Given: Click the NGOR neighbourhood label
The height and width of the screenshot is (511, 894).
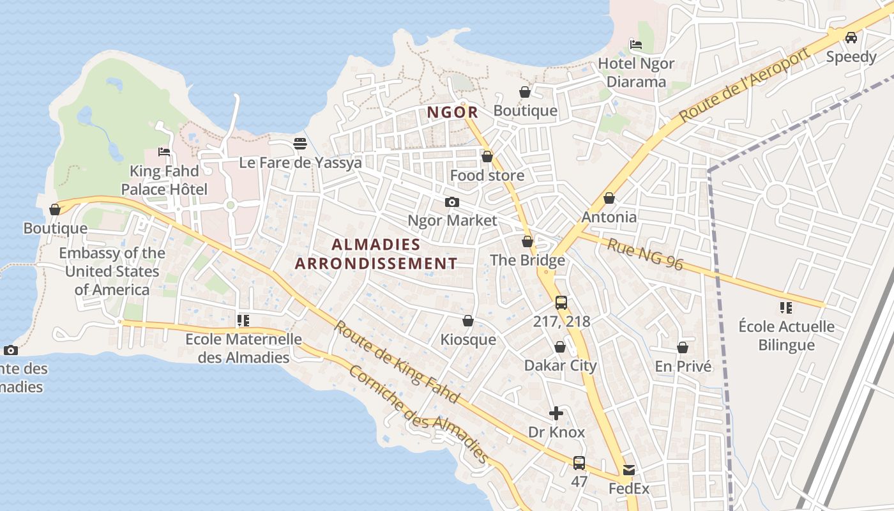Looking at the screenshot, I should tap(452, 112).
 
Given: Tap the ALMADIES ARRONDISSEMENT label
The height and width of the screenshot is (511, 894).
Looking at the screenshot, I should tap(376, 254).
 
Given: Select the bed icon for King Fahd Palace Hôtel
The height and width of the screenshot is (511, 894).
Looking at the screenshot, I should tap(164, 152).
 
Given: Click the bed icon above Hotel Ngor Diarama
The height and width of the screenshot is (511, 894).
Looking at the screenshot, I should tap(635, 44).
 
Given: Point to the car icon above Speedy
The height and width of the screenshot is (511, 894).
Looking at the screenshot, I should tap(851, 37).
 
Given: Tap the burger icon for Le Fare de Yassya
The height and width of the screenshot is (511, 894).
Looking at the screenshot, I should tap(300, 143).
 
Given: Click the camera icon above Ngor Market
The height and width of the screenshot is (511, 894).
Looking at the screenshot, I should tap(452, 202).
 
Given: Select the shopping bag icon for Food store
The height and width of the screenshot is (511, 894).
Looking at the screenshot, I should tap(487, 156).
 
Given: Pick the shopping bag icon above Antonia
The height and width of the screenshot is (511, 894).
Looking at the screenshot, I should tap(609, 198).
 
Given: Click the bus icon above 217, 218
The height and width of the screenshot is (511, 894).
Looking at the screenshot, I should tap(561, 303).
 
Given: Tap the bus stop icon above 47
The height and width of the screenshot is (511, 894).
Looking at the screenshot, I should tap(579, 462).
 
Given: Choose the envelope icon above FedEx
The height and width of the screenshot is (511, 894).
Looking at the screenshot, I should tap(629, 471).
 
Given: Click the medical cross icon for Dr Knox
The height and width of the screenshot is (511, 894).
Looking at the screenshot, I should tap(556, 413).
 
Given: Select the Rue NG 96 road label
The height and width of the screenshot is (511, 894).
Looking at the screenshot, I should tap(645, 254).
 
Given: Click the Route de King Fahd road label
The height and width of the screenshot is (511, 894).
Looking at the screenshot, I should tap(397, 362).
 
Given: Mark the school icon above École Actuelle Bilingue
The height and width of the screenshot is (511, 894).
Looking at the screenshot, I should tap(786, 308).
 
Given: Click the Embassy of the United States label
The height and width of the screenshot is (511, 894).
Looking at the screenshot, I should tap(112, 271).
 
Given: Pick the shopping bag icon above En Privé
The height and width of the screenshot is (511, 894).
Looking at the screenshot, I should tap(683, 347).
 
